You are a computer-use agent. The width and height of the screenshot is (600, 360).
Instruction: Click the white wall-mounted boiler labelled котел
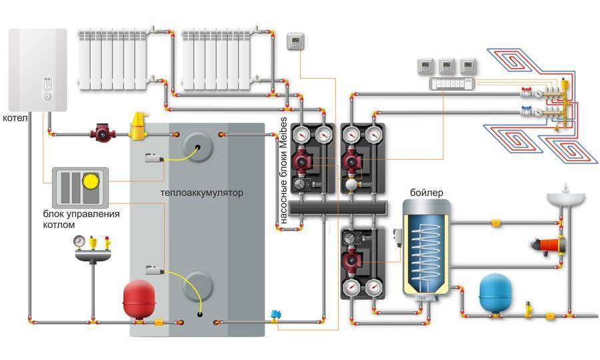click(39, 70)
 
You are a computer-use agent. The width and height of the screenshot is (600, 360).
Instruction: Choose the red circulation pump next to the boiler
click(103, 130)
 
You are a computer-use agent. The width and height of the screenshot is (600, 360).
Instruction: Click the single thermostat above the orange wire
click(295, 43)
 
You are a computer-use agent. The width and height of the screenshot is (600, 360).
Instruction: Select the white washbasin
click(565, 199)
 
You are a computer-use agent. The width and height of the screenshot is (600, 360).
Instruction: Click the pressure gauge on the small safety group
click(79, 239)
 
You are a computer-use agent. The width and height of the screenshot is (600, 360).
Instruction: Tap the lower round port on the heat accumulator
click(199, 285)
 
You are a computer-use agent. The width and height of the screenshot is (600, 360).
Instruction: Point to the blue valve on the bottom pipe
click(274, 314)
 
